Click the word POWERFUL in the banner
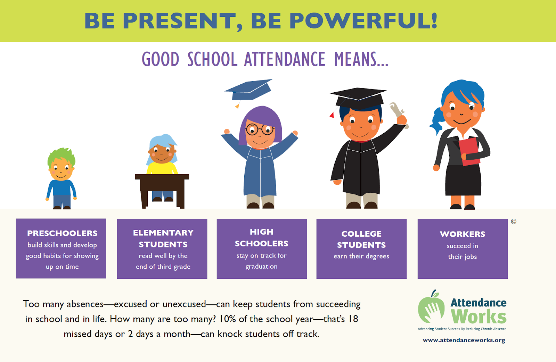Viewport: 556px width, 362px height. pos(363,21)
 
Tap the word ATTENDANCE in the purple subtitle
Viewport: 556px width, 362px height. pos(285,59)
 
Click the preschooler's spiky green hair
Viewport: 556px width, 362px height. pos(62,157)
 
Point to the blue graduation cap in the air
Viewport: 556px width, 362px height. pos(248,91)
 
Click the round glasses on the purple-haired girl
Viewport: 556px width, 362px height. pos(260,129)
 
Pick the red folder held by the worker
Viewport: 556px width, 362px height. pos(469,152)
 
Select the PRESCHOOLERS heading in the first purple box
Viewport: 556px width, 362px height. pos(62,233)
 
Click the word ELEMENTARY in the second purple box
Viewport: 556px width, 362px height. pos(163,233)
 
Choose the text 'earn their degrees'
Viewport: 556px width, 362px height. pos(361,256)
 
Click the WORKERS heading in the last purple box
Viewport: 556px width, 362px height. pos(463,234)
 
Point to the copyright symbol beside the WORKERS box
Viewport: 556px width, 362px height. pos(514,221)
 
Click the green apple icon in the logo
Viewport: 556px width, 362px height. pos(431,308)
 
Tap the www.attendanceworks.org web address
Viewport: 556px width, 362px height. pos(464,340)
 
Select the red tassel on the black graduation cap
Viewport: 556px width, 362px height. pos(332,115)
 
